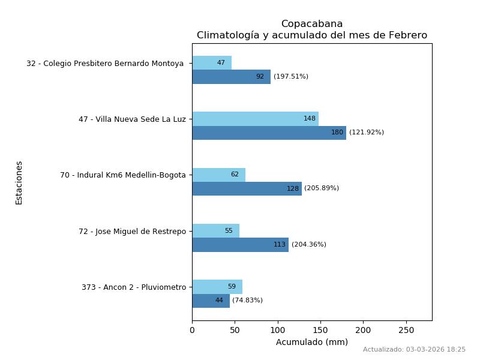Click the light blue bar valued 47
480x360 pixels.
212,63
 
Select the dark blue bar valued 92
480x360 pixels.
231,77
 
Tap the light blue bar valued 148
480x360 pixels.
255,119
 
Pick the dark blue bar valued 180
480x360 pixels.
269,133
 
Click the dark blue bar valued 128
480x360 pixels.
247,188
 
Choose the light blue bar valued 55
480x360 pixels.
215,231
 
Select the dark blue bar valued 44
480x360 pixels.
211,301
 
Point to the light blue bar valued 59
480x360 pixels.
217,287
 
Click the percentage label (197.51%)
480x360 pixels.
291,77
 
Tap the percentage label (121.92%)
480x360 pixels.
367,133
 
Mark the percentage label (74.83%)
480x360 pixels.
247,301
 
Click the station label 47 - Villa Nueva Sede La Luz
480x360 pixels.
132,119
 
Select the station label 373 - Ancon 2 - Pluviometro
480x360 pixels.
134,287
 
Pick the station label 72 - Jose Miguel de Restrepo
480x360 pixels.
132,232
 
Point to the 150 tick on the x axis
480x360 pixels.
320,331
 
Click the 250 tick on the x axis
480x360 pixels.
406,331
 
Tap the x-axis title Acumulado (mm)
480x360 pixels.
312,343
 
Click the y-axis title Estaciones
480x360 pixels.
19,182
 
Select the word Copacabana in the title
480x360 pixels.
312,24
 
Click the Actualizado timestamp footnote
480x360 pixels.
414,350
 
